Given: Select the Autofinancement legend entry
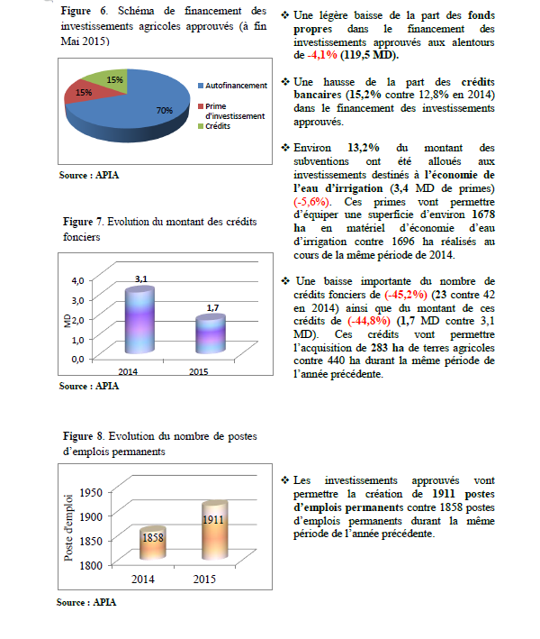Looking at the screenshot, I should pos(235,86).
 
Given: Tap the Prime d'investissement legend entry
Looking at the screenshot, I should pos(235,111).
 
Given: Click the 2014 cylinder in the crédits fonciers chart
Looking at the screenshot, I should pos(139,321).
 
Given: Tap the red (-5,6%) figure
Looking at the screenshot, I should pos(311,201).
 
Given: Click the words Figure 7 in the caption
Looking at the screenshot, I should pos(84,221).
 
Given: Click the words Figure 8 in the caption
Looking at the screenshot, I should pos(84,437).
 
